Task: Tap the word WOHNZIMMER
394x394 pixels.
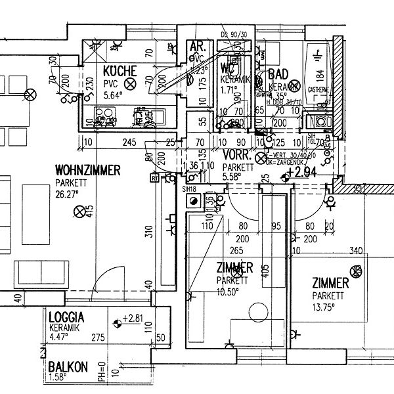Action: [x=87, y=171]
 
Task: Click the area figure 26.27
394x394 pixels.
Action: [x=68, y=194]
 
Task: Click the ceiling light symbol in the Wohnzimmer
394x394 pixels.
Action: [x=80, y=211]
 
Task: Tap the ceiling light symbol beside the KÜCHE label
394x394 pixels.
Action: [x=130, y=83]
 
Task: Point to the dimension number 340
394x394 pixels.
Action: [x=357, y=250]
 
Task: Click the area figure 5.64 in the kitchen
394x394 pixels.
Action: [x=113, y=95]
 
